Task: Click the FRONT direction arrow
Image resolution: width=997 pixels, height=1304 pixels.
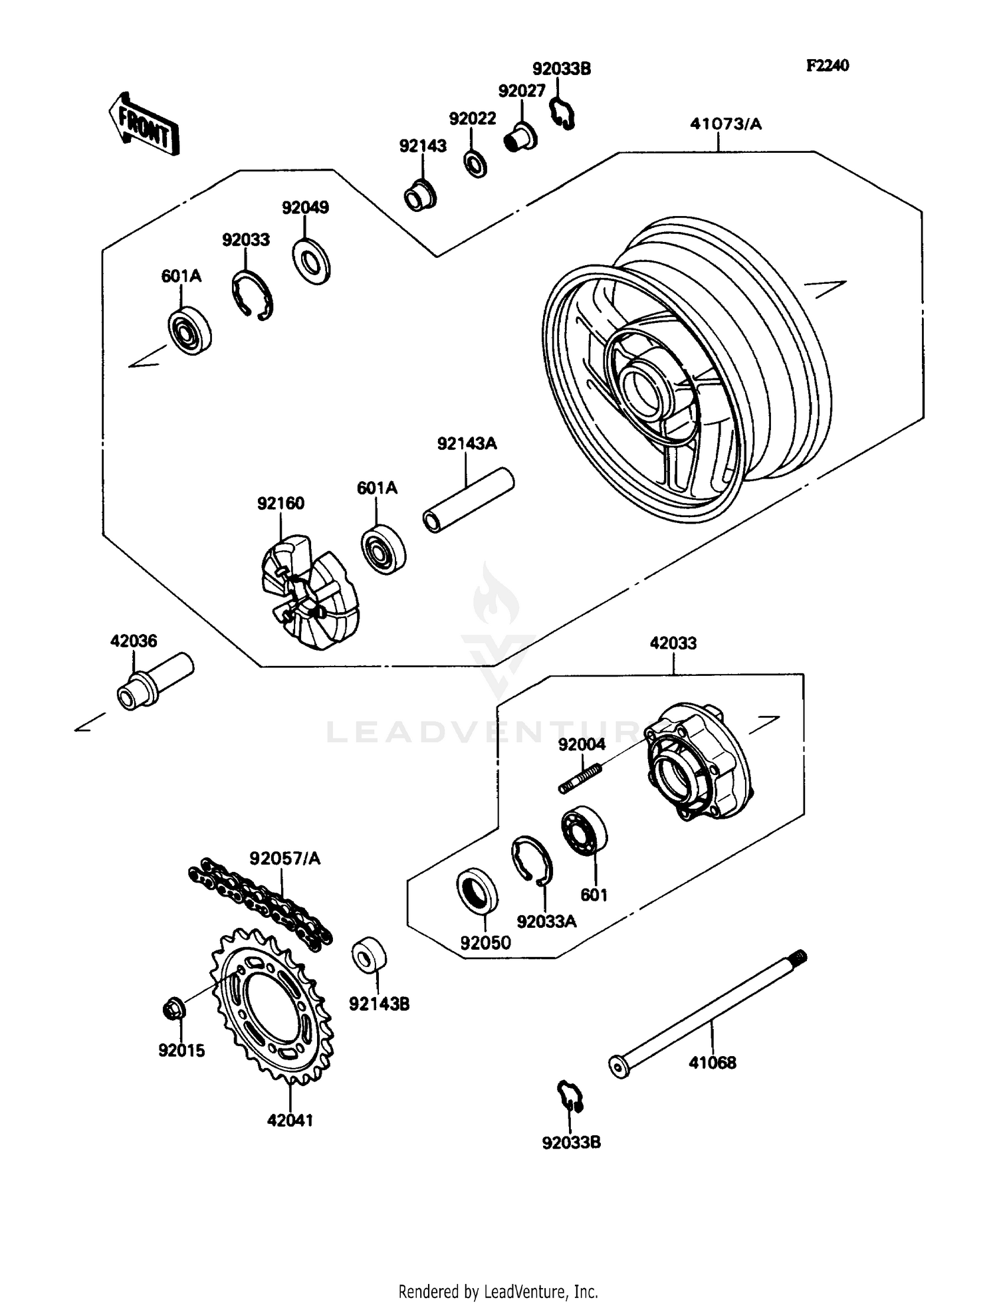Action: pos(144,124)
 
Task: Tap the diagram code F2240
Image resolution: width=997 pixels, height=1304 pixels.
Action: pos(828,65)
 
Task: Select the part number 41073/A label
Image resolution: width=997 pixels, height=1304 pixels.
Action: pos(725,124)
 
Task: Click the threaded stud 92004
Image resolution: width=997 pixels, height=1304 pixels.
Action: pos(580,778)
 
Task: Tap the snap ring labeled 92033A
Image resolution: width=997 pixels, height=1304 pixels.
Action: pos(531,860)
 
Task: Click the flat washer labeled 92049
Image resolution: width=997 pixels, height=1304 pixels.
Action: pos(311,262)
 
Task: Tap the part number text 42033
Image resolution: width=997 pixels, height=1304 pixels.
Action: pos(673,643)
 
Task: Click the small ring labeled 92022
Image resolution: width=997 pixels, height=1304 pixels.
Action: pos(475,163)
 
